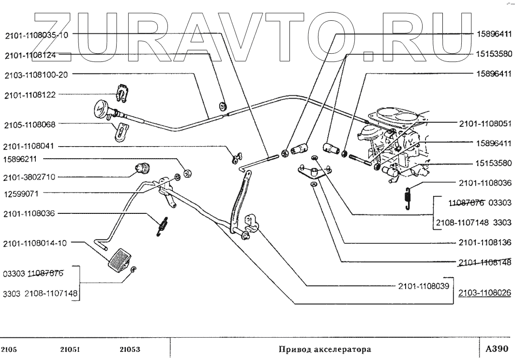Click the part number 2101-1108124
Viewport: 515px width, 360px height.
click(x=30, y=56)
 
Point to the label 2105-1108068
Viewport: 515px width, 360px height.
click(x=30, y=124)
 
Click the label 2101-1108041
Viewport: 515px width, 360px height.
click(x=30, y=146)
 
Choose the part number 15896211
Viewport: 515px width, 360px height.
click(x=23, y=159)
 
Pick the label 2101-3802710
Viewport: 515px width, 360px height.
click(x=30, y=177)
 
